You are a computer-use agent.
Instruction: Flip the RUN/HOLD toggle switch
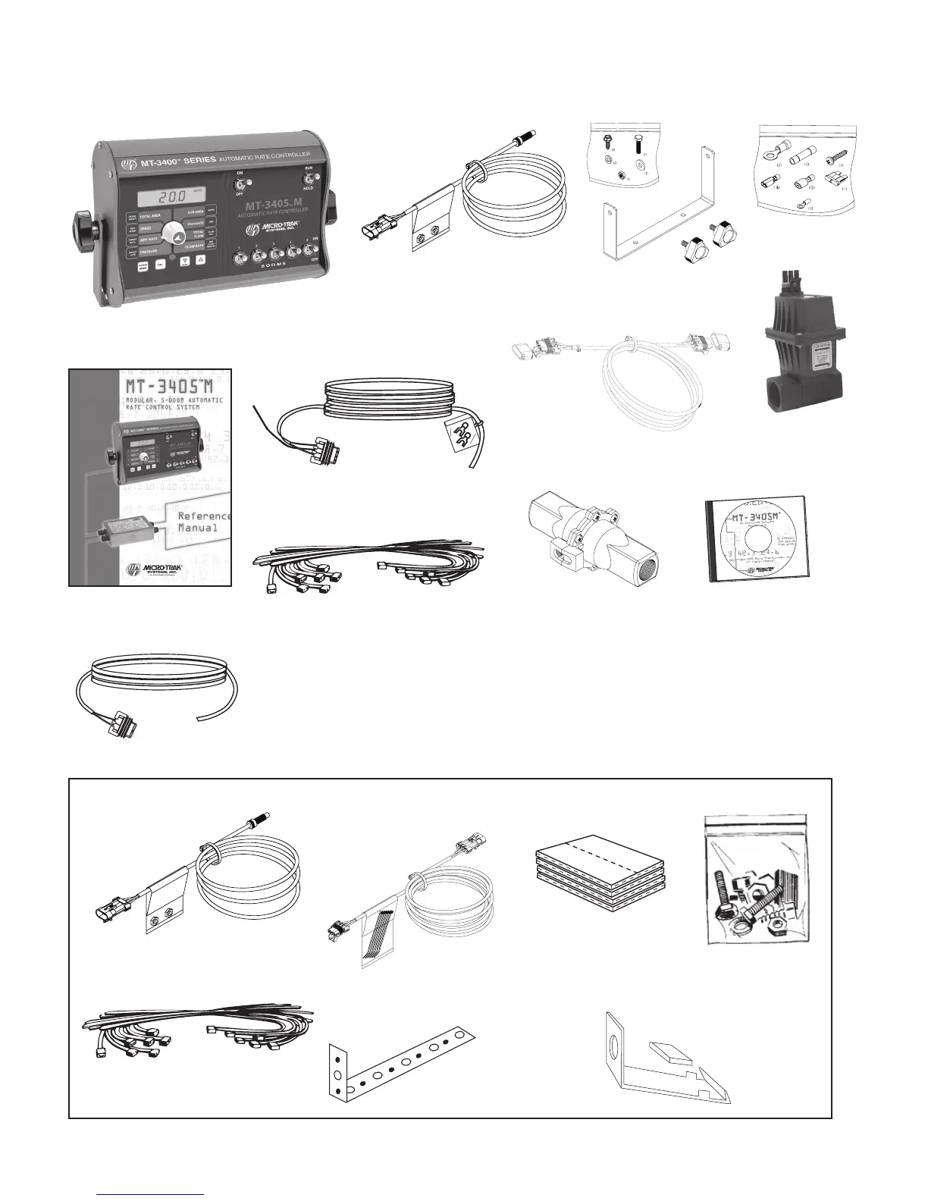coord(309,179)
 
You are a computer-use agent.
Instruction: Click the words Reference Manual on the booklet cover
coord(202,522)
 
